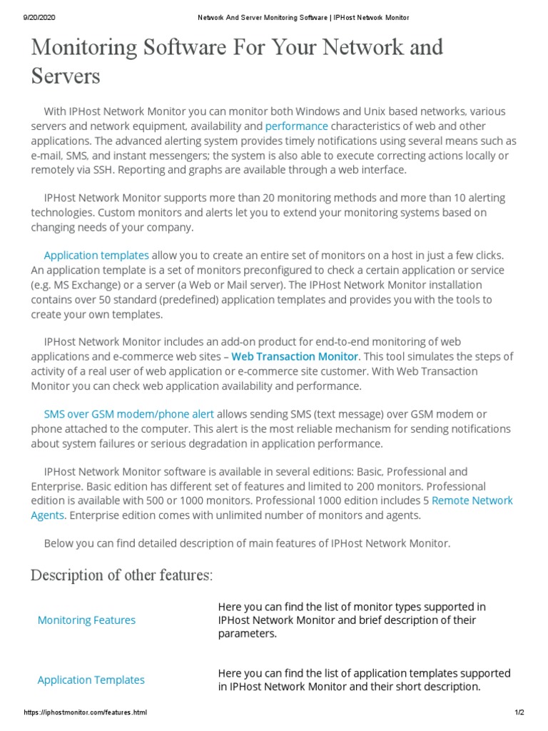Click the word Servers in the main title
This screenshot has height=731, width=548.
click(x=66, y=76)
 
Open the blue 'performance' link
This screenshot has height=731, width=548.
click(x=296, y=126)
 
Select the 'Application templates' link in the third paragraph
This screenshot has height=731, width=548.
click(x=96, y=256)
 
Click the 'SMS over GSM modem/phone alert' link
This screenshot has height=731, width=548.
click(x=128, y=414)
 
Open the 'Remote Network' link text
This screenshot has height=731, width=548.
click(x=472, y=500)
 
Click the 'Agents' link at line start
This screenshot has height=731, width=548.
click(x=48, y=515)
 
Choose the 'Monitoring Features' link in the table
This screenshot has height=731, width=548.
click(x=86, y=620)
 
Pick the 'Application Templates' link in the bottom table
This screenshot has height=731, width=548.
click(x=91, y=680)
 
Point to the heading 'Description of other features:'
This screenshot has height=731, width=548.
click(x=121, y=575)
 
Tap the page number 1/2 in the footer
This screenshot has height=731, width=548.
click(x=519, y=713)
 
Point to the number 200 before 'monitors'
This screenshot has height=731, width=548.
click(x=385, y=486)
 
